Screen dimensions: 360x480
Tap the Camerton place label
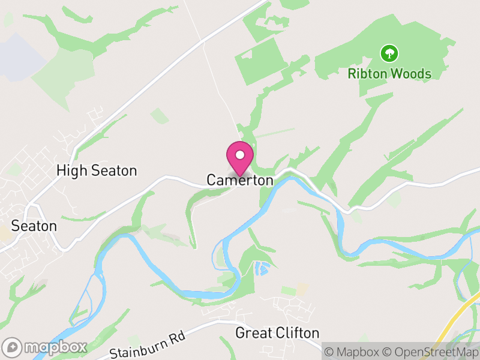[240, 180]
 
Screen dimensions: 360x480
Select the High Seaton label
[97, 171]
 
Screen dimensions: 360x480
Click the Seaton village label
[34, 226]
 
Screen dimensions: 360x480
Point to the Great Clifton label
[277, 332]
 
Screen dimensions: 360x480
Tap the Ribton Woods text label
[389, 74]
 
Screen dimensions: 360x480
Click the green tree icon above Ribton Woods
[389, 53]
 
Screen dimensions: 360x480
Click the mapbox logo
[46, 347]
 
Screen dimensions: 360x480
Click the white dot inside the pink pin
[240, 155]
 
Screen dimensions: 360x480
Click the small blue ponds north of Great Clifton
[262, 269]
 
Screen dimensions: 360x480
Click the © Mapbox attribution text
[355, 352]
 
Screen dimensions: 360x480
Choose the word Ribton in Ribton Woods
[366, 74]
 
